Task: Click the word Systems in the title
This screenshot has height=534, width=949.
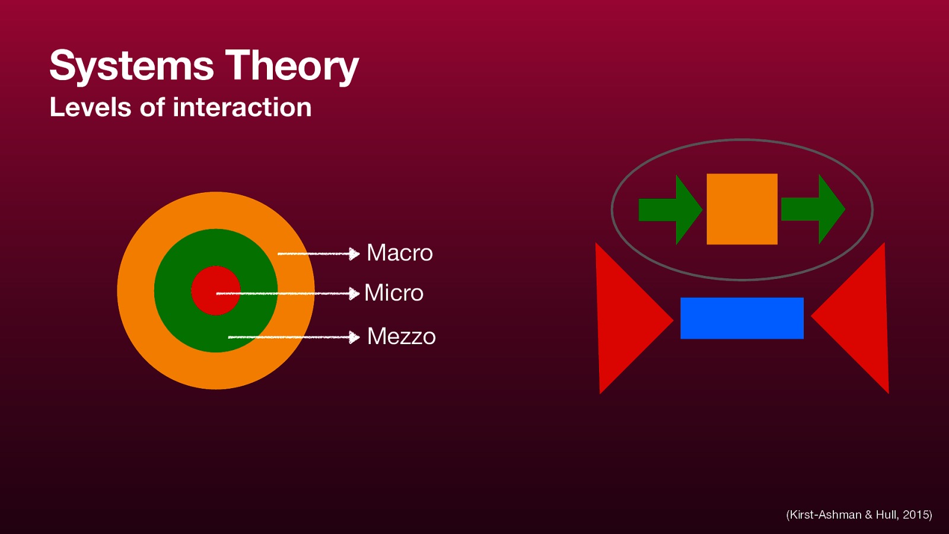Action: (131, 66)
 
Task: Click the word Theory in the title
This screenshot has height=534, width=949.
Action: (292, 66)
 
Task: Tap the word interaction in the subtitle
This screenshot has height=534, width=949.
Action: (242, 107)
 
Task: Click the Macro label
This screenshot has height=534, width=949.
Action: (399, 253)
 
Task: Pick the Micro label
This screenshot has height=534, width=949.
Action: (394, 293)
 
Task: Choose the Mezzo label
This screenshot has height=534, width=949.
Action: (401, 336)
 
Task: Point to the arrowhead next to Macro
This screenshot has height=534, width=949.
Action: (354, 254)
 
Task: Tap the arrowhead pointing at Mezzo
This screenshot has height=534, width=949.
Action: (354, 338)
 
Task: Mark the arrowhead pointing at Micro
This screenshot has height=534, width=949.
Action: (354, 293)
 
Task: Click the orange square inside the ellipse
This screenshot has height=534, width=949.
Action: (741, 209)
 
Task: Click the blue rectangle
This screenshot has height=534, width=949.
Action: (741, 318)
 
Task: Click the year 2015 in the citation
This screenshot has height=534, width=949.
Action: (916, 515)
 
